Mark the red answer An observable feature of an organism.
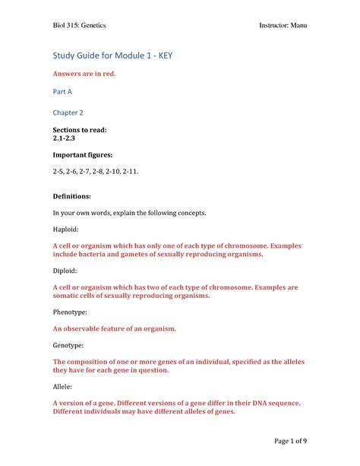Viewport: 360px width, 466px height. coord(114,328)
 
